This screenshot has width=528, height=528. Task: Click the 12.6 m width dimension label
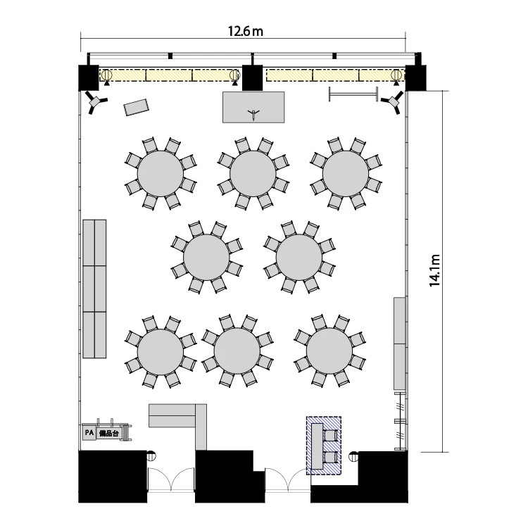246,31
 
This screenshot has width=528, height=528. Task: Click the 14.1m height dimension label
435,270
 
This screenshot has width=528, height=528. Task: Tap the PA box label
89,433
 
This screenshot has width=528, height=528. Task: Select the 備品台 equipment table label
108,434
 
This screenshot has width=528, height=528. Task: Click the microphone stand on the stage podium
253,114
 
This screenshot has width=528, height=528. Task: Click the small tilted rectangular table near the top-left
136,107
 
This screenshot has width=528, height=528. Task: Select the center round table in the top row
253,173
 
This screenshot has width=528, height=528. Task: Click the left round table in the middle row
206,257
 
